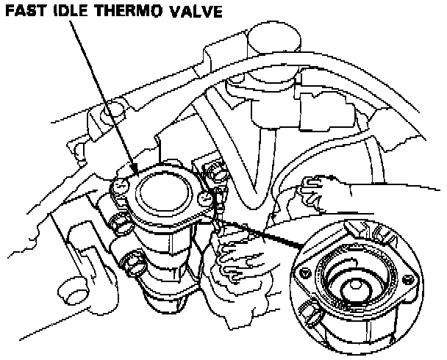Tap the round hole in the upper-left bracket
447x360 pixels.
pos(94,116)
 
